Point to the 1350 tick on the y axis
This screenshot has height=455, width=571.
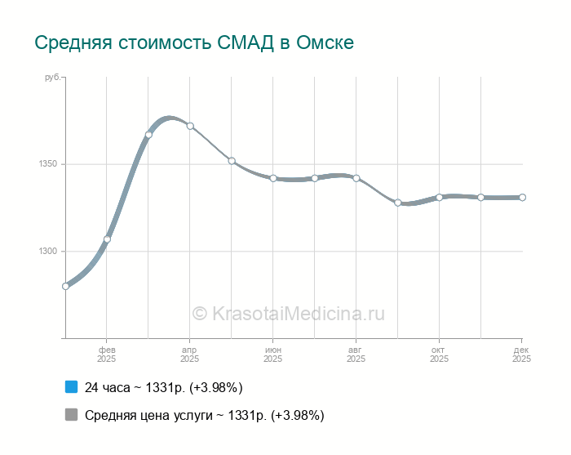coord(46,164)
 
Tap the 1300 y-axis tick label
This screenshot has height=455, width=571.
coord(46,252)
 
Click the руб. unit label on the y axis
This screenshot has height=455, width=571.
coord(51,77)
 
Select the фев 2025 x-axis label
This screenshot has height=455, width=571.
coord(107,354)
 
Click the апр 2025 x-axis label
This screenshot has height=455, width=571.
coord(190,354)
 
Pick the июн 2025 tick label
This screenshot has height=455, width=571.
coord(273,354)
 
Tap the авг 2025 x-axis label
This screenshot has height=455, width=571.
coord(356,354)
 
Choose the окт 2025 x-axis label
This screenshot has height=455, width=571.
coord(439,354)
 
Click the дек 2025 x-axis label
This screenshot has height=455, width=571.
coord(521,354)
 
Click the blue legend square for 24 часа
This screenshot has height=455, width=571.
coord(71,387)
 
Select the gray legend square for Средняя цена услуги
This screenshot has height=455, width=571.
coord(71,415)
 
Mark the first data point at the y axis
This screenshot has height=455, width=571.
coord(65,286)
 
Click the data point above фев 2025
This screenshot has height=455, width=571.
coord(107,239)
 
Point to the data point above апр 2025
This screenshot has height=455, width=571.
coord(190,126)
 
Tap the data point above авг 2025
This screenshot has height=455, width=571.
coord(356,178)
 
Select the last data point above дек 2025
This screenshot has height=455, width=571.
coord(522,197)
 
